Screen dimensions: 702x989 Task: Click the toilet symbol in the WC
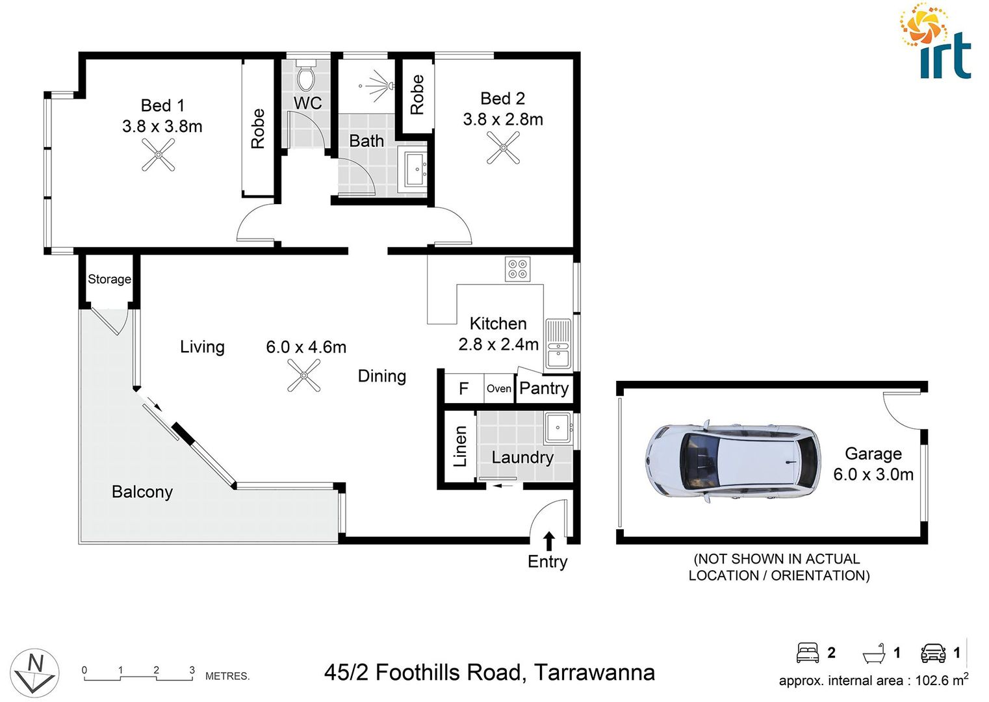[x=306, y=77]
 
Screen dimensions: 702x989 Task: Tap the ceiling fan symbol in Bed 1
[x=159, y=156]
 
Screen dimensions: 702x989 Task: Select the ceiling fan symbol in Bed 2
[x=504, y=148]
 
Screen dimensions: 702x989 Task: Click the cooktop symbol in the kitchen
[x=518, y=269]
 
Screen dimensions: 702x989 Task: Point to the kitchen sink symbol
[x=558, y=344]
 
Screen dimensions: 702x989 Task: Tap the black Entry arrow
[x=549, y=540]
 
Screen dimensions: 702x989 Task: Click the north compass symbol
[x=35, y=672]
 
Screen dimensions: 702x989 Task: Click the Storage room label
[x=109, y=279]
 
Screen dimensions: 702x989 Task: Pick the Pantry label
[x=544, y=389]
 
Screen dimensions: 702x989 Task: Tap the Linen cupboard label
[x=460, y=447]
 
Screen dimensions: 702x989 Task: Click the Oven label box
[x=499, y=389]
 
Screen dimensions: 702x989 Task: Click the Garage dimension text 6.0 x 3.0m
[x=873, y=474]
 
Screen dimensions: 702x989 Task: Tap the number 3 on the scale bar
[x=192, y=670]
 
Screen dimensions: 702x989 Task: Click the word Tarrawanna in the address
[x=594, y=672]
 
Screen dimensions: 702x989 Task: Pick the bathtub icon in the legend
[x=874, y=653]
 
